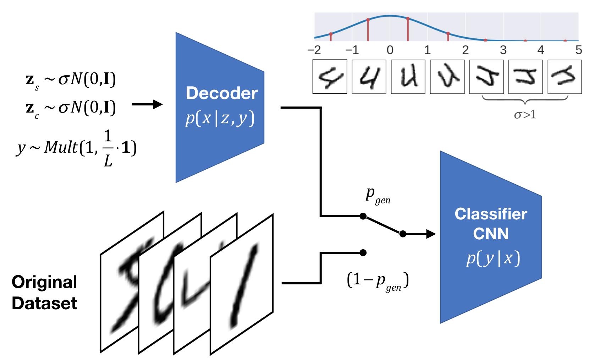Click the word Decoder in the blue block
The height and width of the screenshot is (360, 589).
coord(221,93)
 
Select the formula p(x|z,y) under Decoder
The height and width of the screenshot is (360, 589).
coord(220,119)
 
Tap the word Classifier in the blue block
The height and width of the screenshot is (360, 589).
coord(491,214)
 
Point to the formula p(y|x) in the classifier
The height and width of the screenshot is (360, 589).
coord(493,258)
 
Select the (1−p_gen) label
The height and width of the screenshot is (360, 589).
coord(378,281)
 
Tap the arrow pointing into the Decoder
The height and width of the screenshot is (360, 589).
coord(147,104)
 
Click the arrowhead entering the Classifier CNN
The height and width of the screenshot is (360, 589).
coord(430,234)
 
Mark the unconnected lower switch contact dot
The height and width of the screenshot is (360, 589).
coord(363,252)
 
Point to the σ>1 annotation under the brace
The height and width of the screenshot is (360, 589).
coord(525,115)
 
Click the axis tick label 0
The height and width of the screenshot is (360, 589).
coord(390,50)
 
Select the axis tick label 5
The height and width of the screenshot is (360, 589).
coord(578,50)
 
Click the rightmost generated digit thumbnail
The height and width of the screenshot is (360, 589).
coord(564,77)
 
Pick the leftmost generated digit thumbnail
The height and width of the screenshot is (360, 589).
coord(330,77)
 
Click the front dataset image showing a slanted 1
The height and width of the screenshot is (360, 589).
coord(242,284)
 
